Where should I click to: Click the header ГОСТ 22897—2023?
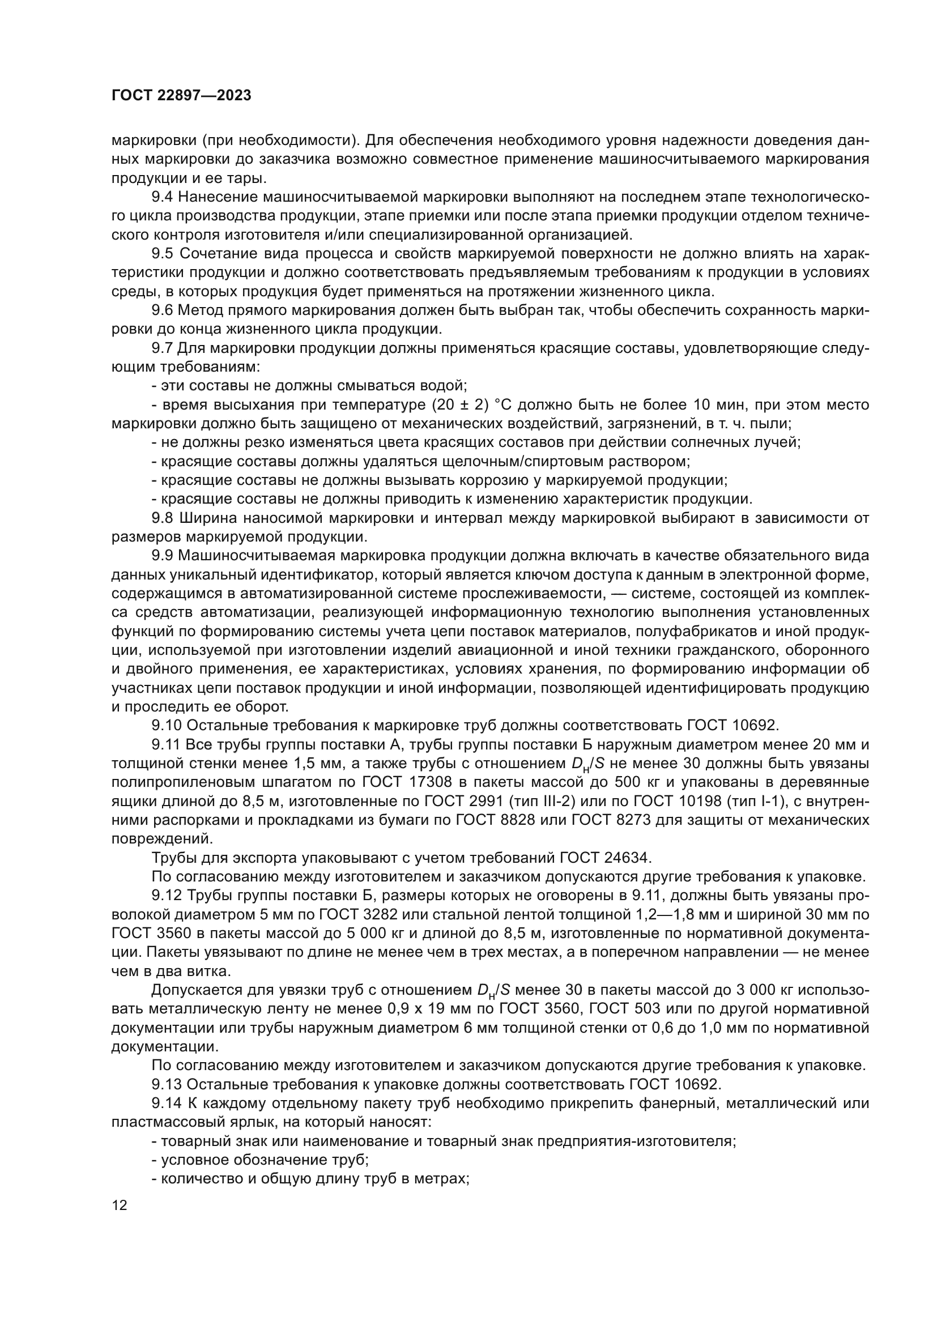tap(181, 96)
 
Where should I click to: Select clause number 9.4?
tap(162, 197)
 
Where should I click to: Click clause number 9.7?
tap(162, 348)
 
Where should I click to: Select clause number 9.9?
tap(162, 556)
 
